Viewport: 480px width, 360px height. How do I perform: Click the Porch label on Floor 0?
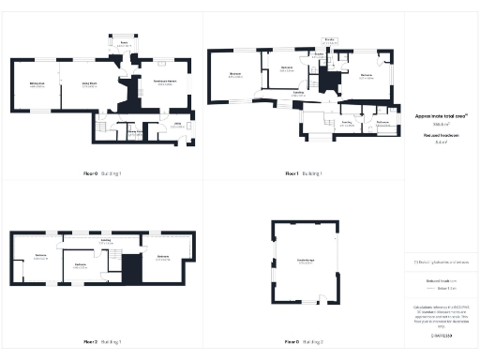tap(124, 43)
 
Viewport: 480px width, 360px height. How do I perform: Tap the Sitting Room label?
tap(38, 84)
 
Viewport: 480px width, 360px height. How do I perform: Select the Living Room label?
tap(90, 84)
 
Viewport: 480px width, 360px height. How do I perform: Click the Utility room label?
tap(177, 124)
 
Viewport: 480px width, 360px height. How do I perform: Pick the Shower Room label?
tap(136, 132)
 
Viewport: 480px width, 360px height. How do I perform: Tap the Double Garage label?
tap(305, 262)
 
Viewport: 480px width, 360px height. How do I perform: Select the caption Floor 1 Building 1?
tap(304, 174)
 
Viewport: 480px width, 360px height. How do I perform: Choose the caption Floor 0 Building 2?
tap(304, 341)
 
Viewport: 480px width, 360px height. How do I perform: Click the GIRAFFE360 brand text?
tap(441, 335)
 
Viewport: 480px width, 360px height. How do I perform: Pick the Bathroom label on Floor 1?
tap(383, 124)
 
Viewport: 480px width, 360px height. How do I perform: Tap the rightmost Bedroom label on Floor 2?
tap(163, 256)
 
